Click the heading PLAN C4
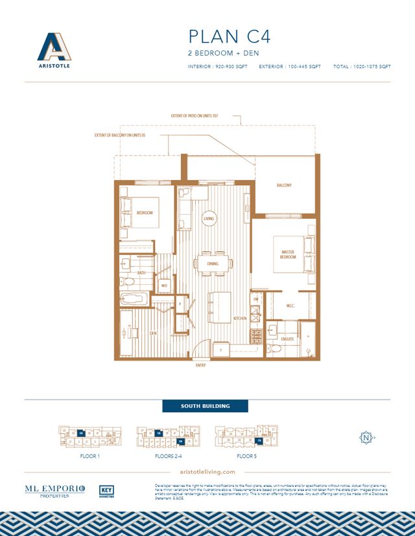228,36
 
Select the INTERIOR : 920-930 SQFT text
217,67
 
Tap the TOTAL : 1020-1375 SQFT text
361,67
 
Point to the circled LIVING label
209,219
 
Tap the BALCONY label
284,185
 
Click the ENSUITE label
288,338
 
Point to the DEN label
154,333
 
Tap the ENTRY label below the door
200,365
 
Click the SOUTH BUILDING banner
205,407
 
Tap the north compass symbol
366,438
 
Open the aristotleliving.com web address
206,473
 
